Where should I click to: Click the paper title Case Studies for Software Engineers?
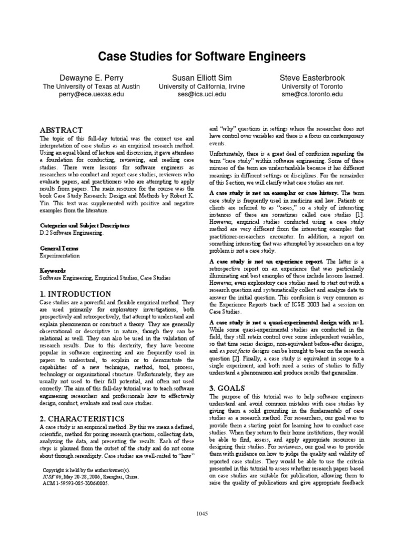[202, 56]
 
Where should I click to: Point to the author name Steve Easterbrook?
[312, 77]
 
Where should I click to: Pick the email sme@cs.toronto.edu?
[312, 95]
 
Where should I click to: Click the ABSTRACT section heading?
[62, 130]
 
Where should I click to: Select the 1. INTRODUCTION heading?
[76, 294]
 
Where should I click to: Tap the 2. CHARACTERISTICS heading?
[82, 418]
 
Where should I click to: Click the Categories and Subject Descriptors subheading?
[84, 225]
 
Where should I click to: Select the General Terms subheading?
[59, 247]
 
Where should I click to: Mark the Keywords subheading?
[53, 269]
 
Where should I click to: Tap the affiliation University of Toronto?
[312, 86]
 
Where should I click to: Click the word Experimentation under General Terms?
[60, 255]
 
